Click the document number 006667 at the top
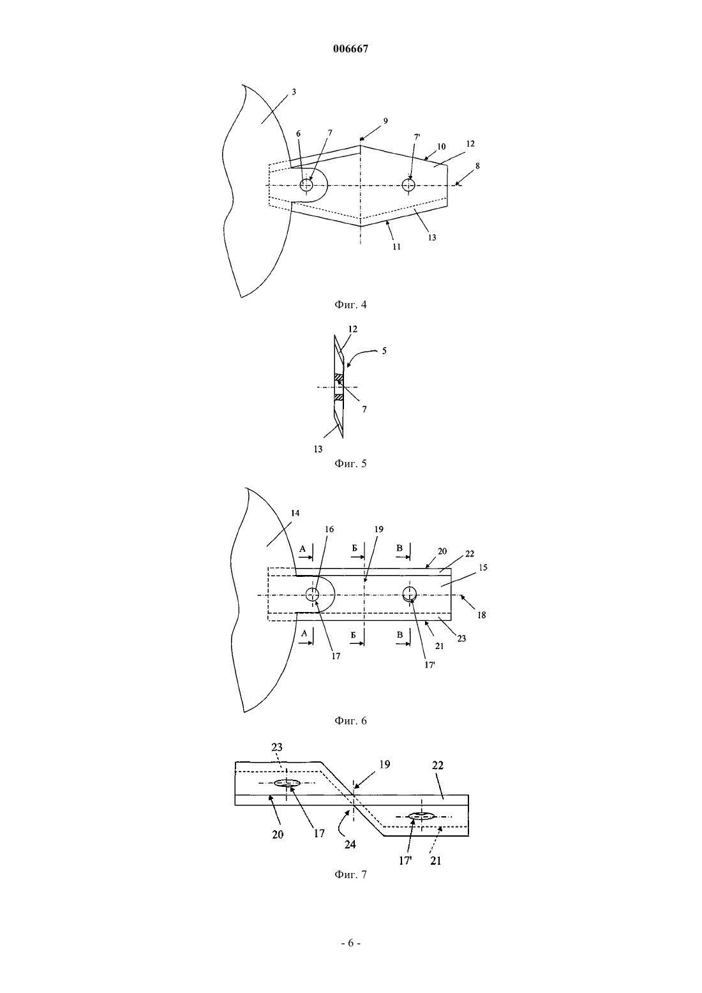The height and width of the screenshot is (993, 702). [x=350, y=49]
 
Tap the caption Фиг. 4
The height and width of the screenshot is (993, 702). [x=350, y=304]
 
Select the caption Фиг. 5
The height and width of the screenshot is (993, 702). [x=350, y=464]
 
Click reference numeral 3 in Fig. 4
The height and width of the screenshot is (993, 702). [x=294, y=92]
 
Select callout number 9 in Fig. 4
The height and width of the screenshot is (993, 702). [x=385, y=121]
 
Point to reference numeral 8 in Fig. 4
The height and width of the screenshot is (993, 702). [x=477, y=166]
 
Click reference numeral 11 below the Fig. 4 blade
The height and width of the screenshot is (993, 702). [x=397, y=246]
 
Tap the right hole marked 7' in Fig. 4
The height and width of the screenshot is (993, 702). [x=408, y=185]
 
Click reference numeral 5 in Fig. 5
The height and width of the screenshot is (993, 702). [x=384, y=350]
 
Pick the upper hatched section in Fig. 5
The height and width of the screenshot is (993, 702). [x=339, y=377]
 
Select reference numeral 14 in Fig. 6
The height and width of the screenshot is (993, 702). [x=295, y=513]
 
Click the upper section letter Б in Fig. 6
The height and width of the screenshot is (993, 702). [x=355, y=548]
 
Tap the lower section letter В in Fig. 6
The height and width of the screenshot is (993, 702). [x=400, y=635]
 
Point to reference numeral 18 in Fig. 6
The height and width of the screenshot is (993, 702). [x=482, y=615]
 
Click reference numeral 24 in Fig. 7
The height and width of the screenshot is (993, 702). [x=350, y=844]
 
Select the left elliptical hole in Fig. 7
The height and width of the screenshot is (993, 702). [x=287, y=783]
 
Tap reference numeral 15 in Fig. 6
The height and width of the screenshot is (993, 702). [x=483, y=567]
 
